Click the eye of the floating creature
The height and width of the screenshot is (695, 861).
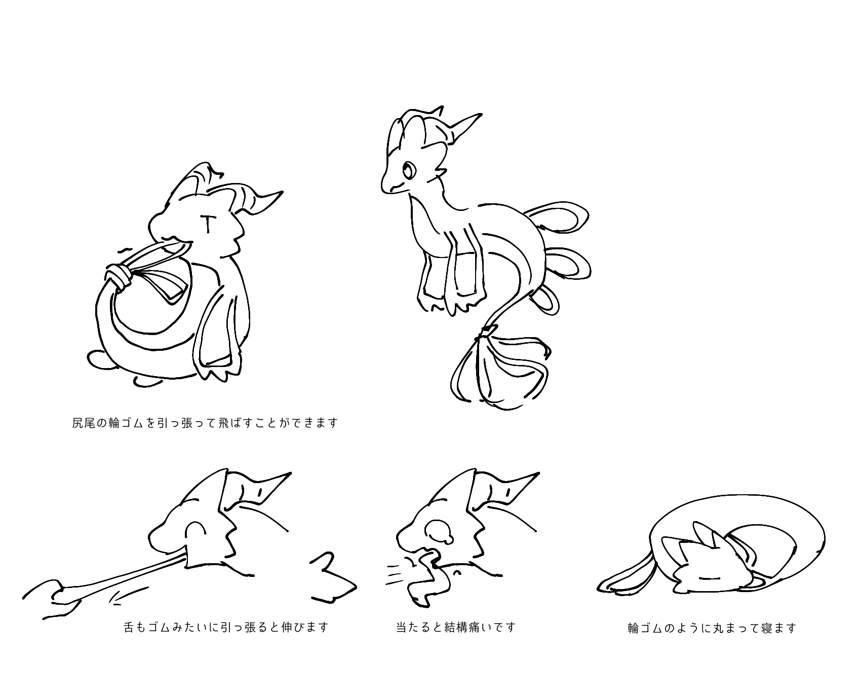408,169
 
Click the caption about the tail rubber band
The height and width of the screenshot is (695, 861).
205,423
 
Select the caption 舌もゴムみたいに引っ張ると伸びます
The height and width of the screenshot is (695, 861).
226,628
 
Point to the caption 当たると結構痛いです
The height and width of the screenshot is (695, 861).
455,628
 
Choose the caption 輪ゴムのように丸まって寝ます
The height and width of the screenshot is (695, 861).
712,629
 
